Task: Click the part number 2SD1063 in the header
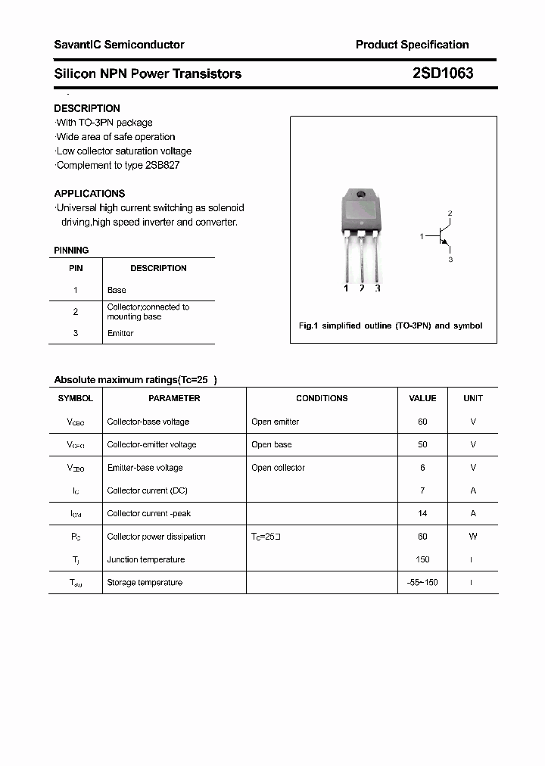point(443,73)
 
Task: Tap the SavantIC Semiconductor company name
point(119,45)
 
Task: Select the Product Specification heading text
point(412,45)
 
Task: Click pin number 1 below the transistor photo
point(346,288)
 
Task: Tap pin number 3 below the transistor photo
point(378,288)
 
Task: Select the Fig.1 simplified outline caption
point(391,325)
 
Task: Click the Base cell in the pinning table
point(117,290)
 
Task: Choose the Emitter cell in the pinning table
point(120,333)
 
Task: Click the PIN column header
point(76,268)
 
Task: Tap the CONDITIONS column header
point(322,398)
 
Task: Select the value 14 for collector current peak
point(422,513)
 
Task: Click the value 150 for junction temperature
point(422,559)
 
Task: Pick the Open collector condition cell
point(278,468)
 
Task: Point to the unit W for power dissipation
point(473,537)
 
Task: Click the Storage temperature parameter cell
point(145,582)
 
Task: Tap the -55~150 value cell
point(422,582)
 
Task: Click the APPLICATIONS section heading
point(89,193)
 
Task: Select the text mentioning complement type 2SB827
point(118,165)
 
